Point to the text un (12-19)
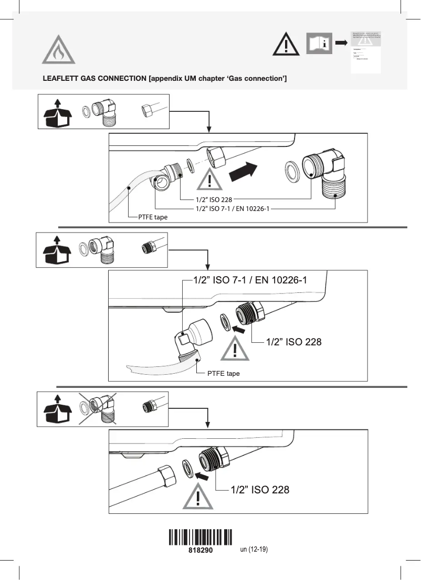click(x=254, y=550)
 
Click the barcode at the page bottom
click(x=201, y=537)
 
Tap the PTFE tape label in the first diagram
click(x=153, y=217)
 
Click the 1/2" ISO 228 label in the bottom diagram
click(x=260, y=490)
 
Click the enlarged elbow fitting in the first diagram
click(x=329, y=173)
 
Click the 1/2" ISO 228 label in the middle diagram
click(x=293, y=342)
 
